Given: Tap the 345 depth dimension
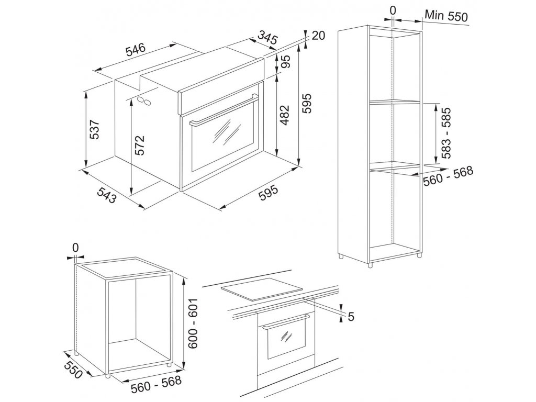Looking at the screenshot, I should click(x=267, y=38).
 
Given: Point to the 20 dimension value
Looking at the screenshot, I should click(x=318, y=36).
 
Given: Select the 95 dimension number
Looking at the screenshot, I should click(x=286, y=62).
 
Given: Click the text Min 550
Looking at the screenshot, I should click(x=446, y=15).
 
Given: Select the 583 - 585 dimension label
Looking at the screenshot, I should click(x=445, y=133).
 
